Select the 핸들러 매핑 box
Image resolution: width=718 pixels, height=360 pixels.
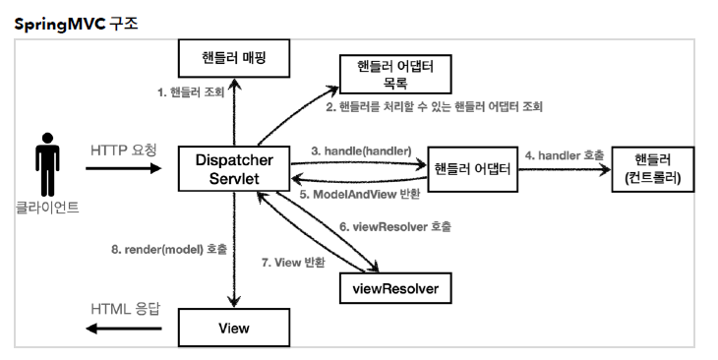pyautogui.click(x=234, y=60)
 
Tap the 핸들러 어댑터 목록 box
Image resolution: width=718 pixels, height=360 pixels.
pyautogui.click(x=393, y=72)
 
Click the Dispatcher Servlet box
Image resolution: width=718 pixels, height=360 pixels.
pyautogui.click(x=234, y=167)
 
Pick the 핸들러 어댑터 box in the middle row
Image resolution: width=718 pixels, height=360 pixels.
pyautogui.click(x=472, y=168)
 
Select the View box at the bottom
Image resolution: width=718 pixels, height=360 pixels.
pyautogui.click(x=234, y=327)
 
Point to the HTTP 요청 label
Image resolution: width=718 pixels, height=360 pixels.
pyautogui.click(x=125, y=150)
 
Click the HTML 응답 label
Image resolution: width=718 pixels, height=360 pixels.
pyautogui.click(x=126, y=309)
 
